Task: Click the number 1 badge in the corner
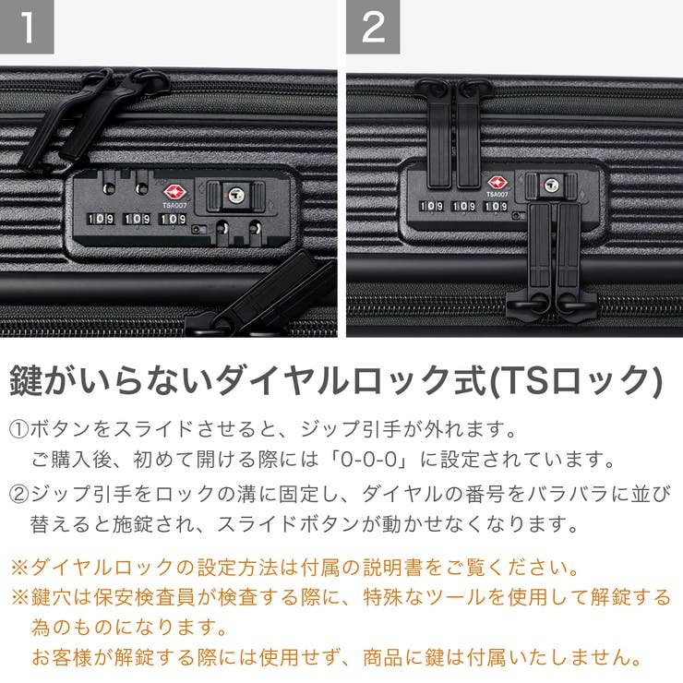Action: pyautogui.click(x=27, y=27)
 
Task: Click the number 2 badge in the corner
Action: pyautogui.click(x=373, y=27)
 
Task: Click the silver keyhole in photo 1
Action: pyautogui.click(x=235, y=195)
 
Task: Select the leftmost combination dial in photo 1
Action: pyautogui.click(x=101, y=221)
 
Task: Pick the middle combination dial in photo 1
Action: pyautogui.click(x=137, y=221)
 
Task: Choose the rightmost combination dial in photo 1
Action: pyautogui.click(x=173, y=221)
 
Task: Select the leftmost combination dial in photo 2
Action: pyautogui.click(x=432, y=207)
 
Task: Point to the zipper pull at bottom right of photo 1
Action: pyautogui.click(x=268, y=295)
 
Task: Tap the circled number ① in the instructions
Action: pyautogui.click(x=19, y=431)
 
